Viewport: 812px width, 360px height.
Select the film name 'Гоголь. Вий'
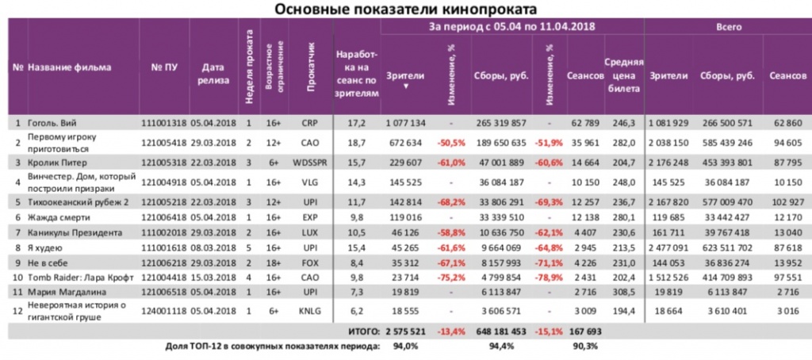point(53,123)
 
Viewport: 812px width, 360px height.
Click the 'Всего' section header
point(728,26)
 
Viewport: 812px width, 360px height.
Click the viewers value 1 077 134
point(406,123)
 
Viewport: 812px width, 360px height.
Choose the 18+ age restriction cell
point(274,260)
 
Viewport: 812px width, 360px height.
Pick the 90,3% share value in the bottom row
point(584,346)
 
